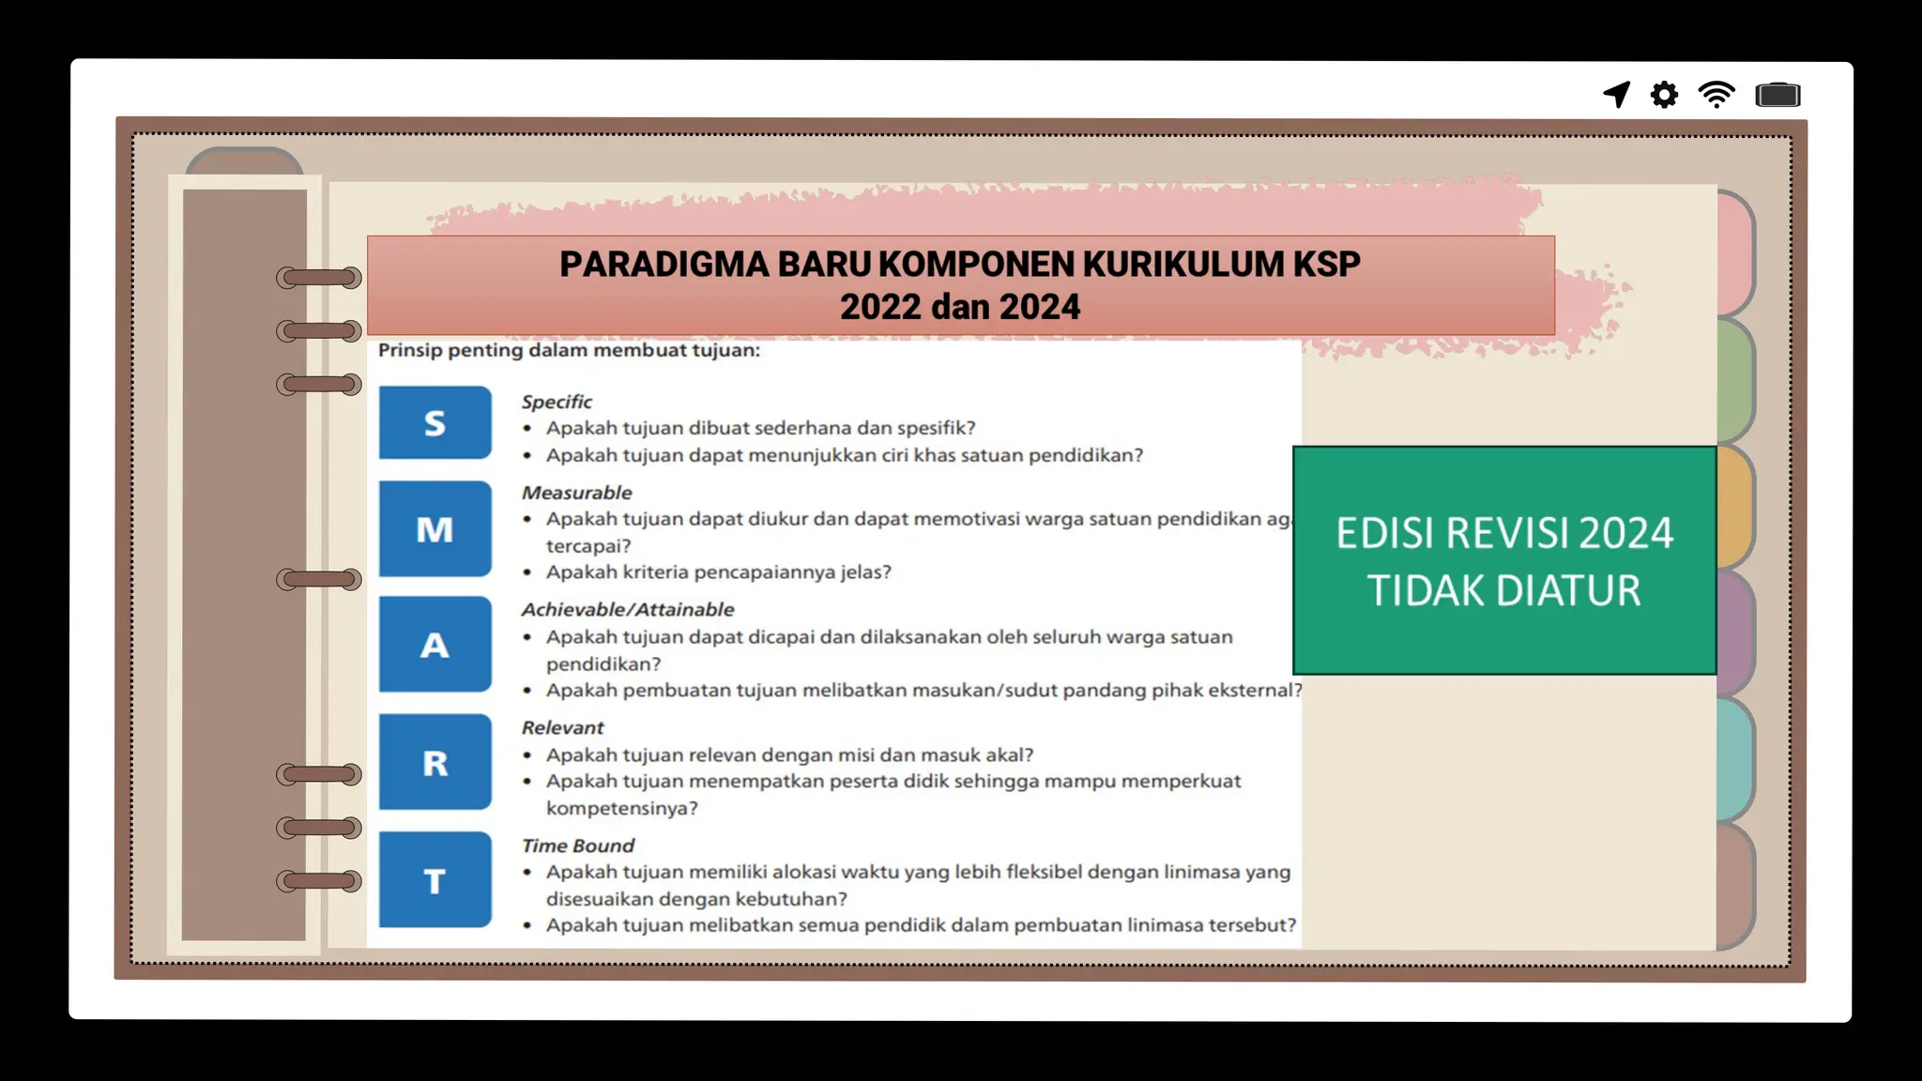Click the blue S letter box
pos(435,422)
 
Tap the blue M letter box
pos(435,529)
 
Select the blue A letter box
pos(435,645)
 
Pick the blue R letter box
pos(435,762)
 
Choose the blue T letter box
pos(435,880)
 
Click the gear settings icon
pos(1664,95)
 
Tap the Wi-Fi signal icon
pos(1716,95)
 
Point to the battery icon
pos(1777,95)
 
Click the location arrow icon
pos(1617,94)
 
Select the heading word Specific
pos(557,402)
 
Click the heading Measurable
pos(576,493)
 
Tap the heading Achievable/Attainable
pos(627,610)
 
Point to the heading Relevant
pos(562,727)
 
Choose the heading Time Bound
pos(577,845)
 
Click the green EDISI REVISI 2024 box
pos(1503,561)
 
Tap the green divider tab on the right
pos(1735,381)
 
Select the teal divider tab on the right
pos(1735,760)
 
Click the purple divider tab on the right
pos(1735,633)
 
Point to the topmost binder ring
pos(319,278)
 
